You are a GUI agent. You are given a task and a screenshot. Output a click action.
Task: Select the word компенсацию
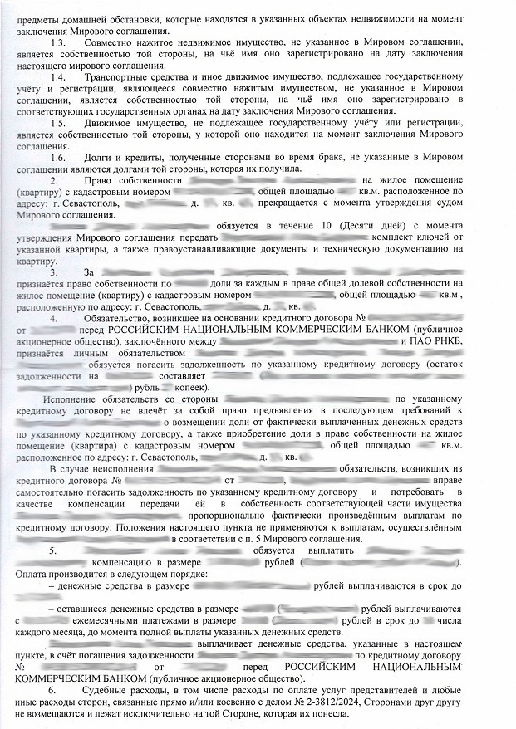[104, 562]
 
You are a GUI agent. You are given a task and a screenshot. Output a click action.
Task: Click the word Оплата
[32, 574]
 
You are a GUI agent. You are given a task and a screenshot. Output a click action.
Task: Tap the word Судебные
[111, 691]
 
